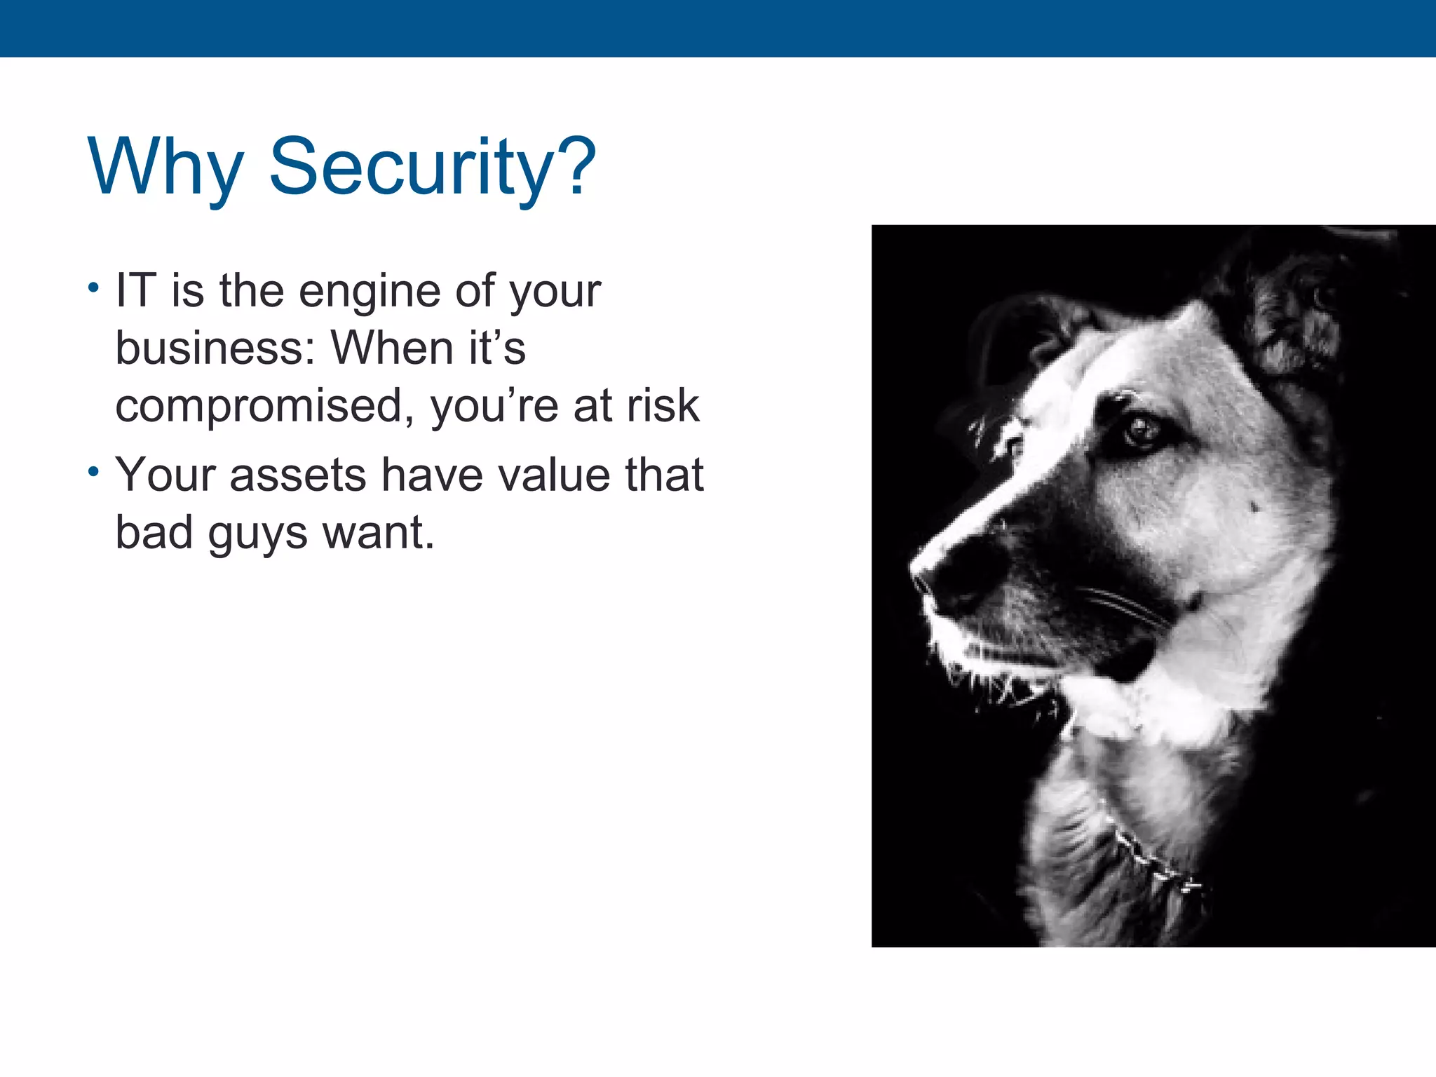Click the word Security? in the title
[432, 167]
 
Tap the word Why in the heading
[165, 167]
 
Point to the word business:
[215, 348]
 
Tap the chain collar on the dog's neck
[1150, 862]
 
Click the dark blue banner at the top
[718, 28]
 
